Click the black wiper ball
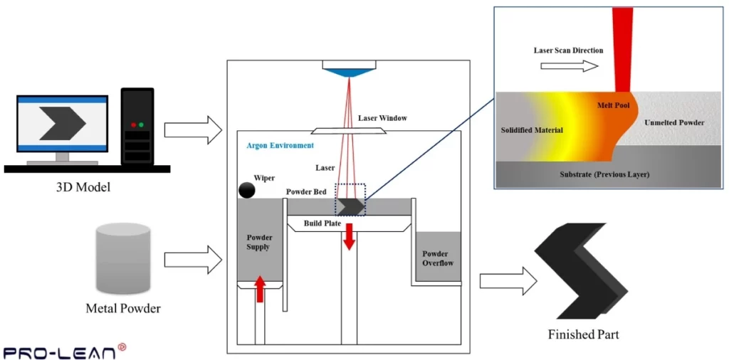pyautogui.click(x=247, y=190)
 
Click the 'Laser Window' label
pyautogui.click(x=382, y=118)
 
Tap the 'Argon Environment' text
pyautogui.click(x=280, y=145)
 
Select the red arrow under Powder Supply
pyautogui.click(x=261, y=288)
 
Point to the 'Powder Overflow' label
pyautogui.click(x=435, y=258)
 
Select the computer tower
pyautogui.click(x=137, y=126)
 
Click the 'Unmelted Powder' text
pyautogui.click(x=673, y=123)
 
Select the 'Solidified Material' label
pyautogui.click(x=533, y=130)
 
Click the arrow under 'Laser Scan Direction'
pyautogui.click(x=569, y=65)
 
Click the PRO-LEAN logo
pyautogui.click(x=65, y=351)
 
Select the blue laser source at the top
pyautogui.click(x=349, y=70)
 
